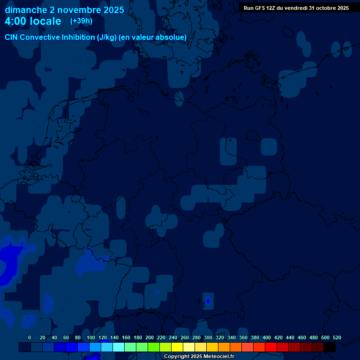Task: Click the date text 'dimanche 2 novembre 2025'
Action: click(64, 10)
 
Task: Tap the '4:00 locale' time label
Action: click(33, 21)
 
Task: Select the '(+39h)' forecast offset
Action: click(81, 21)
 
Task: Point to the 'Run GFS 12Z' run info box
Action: click(296, 8)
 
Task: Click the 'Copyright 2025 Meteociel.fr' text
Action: click(199, 357)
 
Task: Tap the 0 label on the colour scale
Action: click(30, 337)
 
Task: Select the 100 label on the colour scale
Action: click(91, 337)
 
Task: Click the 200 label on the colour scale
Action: click(150, 337)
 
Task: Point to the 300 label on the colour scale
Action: click(208, 337)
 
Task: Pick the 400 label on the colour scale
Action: click(267, 337)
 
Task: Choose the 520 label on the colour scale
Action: click(337, 337)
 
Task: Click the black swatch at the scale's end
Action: click(330, 347)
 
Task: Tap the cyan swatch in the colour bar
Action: click(119, 347)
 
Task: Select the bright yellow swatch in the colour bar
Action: click(177, 347)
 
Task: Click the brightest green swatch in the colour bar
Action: click(154, 347)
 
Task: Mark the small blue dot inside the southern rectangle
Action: click(208, 300)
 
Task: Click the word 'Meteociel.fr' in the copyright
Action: click(218, 357)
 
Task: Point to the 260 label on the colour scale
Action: click(185, 337)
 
